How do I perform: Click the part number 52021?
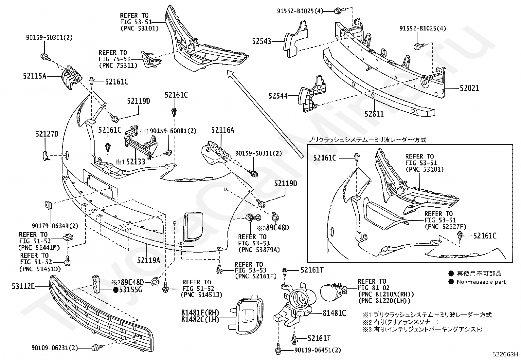pyautogui.click(x=469, y=88)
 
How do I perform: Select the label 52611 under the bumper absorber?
pyautogui.click(x=374, y=114)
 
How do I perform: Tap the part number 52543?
pyautogui.click(x=261, y=41)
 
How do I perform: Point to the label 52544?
pyautogui.click(x=278, y=96)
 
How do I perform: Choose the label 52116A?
pyautogui.click(x=223, y=130)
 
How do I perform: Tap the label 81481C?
pyautogui.click(x=334, y=313)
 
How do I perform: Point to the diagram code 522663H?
pyautogui.click(x=506, y=354)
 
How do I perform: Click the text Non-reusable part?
pyautogui.click(x=481, y=282)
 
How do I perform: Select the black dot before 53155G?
pyautogui.click(x=116, y=290)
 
